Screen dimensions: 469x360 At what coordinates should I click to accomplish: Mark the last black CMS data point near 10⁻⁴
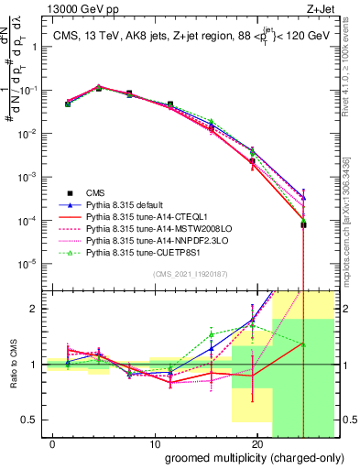coord(303,224)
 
